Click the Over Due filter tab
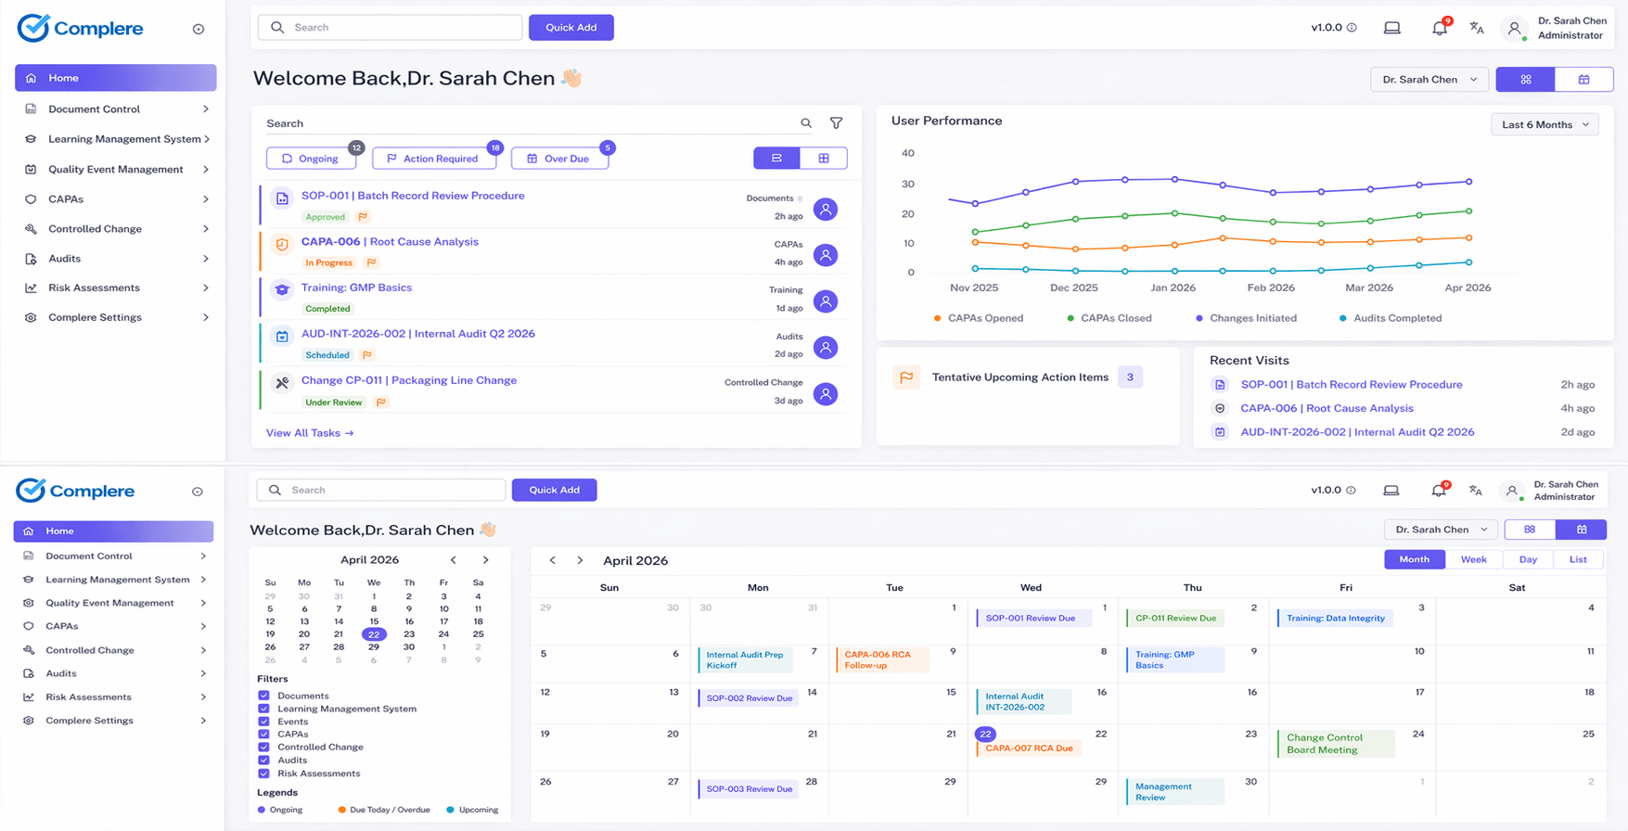pos(559,159)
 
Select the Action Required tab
pos(433,159)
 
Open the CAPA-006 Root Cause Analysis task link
pos(390,242)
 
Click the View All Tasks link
pos(310,433)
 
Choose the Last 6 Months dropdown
pos(1545,124)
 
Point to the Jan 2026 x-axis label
pos(1173,288)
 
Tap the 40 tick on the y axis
pos(907,153)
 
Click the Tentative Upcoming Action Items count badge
pos(1129,377)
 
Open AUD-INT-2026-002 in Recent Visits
pos(1356,432)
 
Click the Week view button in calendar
pos(1473,559)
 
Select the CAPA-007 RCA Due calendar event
pos(1029,748)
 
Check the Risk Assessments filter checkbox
pos(263,773)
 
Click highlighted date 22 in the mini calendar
pos(374,634)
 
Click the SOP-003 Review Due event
pos(749,789)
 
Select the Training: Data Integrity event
pos(1335,618)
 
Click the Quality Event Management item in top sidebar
pos(115,169)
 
